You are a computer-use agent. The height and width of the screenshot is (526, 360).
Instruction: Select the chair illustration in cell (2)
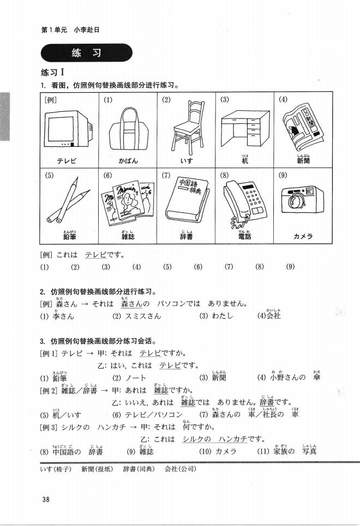click(186, 127)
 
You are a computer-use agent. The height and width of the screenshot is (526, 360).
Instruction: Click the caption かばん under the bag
click(128, 162)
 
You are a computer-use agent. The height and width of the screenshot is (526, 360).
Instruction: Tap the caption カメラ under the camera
click(303, 236)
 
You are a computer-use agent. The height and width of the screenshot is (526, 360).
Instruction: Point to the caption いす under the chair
click(186, 162)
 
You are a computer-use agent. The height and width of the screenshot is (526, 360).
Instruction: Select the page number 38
click(46, 499)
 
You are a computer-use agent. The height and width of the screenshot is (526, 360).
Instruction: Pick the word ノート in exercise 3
click(137, 378)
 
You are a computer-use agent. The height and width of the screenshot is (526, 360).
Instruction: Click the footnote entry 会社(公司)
click(180, 469)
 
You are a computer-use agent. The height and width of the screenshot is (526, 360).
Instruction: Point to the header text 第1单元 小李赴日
click(70, 30)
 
